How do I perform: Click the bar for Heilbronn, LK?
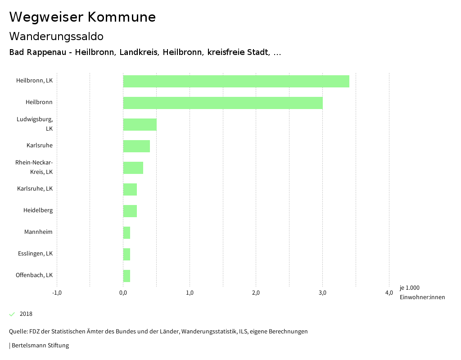(x=236, y=81)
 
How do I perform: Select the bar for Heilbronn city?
(x=223, y=103)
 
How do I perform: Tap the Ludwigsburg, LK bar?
(x=140, y=124)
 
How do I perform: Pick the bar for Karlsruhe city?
(x=136, y=146)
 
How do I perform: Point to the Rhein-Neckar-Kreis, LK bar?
(x=133, y=168)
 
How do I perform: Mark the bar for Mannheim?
(x=127, y=232)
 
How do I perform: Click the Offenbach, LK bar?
(x=127, y=276)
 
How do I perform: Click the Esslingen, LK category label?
(x=35, y=254)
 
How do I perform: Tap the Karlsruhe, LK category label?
(x=35, y=189)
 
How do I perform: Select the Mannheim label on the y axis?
(x=38, y=232)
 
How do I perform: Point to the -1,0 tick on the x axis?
(x=57, y=293)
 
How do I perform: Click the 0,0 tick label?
(x=123, y=293)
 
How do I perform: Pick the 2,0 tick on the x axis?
(x=256, y=293)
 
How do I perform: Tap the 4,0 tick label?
(x=389, y=293)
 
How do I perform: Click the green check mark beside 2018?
(x=12, y=314)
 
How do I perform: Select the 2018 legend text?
(x=26, y=314)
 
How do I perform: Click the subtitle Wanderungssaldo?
(x=56, y=36)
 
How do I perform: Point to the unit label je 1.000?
(x=409, y=288)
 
